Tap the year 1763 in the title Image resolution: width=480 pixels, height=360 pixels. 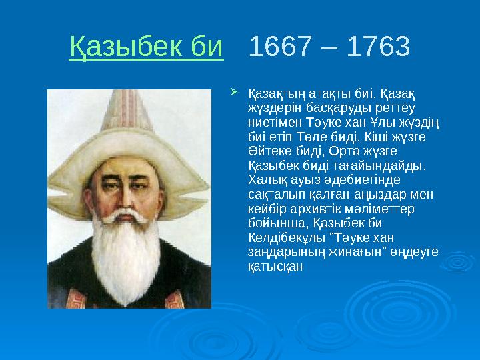tap(377, 47)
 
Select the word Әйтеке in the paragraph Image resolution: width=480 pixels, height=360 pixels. tap(267, 150)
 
